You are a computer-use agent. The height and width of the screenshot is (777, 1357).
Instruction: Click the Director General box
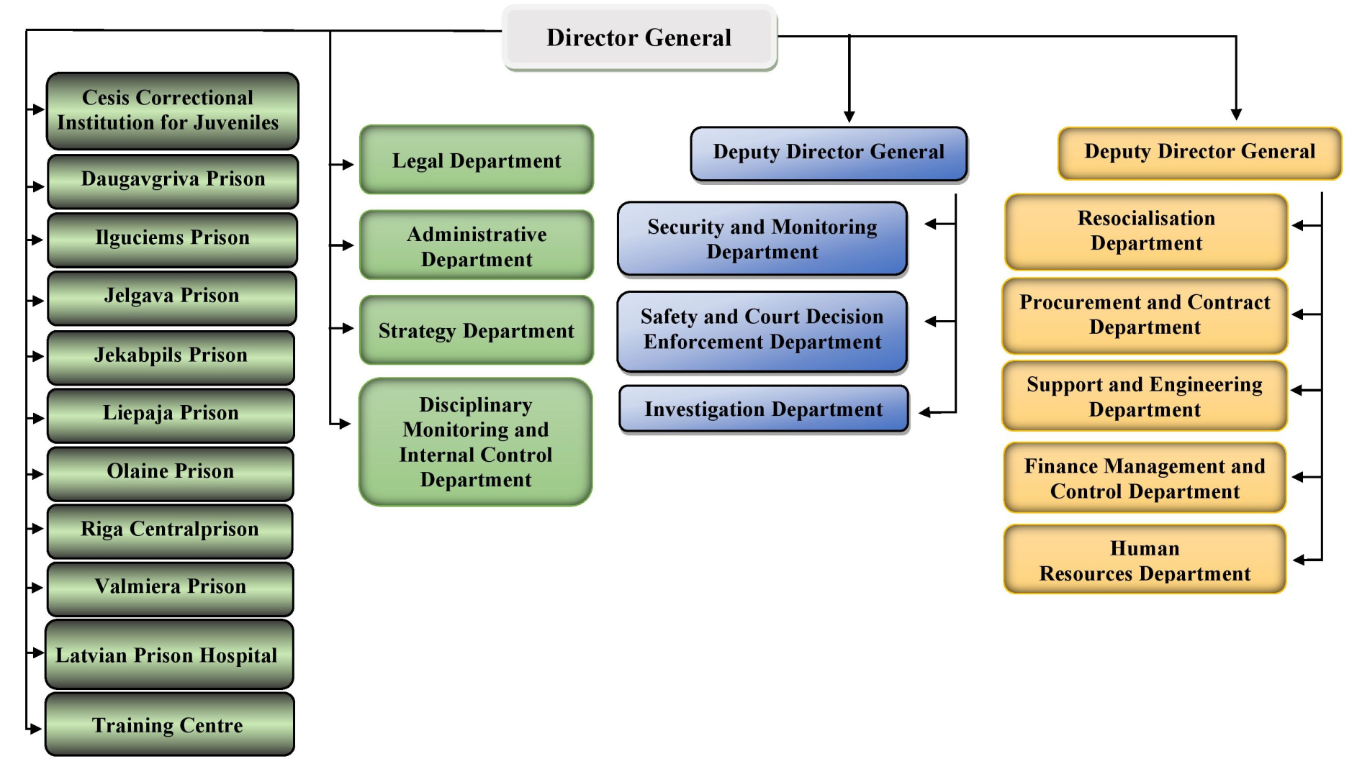tap(639, 37)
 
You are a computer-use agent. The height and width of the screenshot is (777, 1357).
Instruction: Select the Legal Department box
tap(477, 160)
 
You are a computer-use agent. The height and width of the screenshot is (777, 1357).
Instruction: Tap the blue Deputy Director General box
tap(829, 153)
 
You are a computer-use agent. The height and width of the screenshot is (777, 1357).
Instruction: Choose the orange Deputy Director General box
tap(1199, 152)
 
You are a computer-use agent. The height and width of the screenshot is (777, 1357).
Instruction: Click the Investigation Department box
tap(763, 409)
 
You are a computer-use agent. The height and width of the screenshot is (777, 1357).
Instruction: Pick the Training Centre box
tap(169, 724)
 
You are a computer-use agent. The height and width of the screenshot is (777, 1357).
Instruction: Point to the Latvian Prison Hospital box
tap(169, 655)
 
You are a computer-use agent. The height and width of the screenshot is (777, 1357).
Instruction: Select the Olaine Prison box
tap(171, 472)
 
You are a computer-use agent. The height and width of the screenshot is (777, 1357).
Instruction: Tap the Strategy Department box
tap(477, 330)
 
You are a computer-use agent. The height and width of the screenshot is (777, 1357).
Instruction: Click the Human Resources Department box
tap(1145, 560)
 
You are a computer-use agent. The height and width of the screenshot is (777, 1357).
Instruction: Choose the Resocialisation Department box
tap(1146, 231)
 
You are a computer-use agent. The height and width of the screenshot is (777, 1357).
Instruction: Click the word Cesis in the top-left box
tap(105, 97)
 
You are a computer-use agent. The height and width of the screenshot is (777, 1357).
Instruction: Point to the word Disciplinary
tap(476, 405)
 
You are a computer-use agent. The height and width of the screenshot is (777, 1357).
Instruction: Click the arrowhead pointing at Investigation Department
tap(925, 412)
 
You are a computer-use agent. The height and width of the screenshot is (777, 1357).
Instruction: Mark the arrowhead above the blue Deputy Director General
tap(849, 117)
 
